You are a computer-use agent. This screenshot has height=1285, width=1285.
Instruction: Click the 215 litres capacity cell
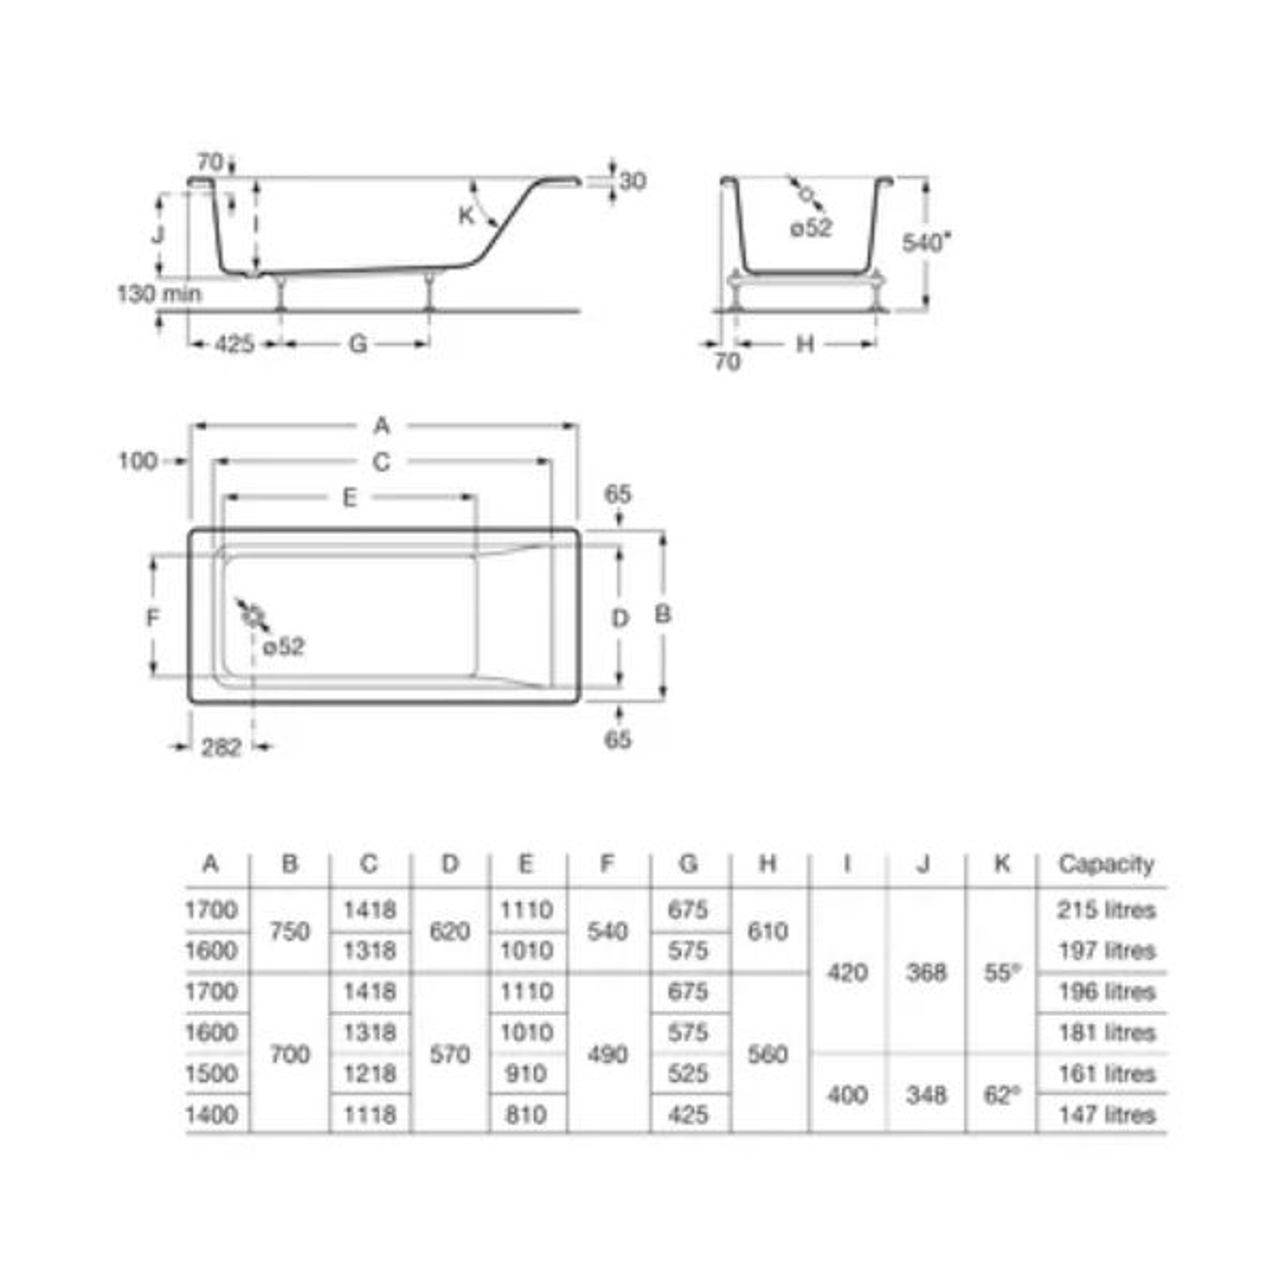(1105, 910)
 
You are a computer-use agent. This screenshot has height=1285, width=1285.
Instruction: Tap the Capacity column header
(1106, 864)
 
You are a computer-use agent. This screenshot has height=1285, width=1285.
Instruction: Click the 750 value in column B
(290, 931)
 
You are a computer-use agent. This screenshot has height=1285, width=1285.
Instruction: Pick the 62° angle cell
(1003, 1095)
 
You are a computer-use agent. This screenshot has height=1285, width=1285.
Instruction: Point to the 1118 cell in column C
(370, 1114)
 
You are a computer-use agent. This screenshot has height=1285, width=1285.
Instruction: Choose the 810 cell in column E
(526, 1114)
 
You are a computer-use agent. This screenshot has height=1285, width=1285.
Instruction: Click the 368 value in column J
(927, 973)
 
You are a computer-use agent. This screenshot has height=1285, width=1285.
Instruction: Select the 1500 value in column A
(212, 1073)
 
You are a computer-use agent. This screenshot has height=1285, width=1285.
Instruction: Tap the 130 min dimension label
(159, 293)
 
